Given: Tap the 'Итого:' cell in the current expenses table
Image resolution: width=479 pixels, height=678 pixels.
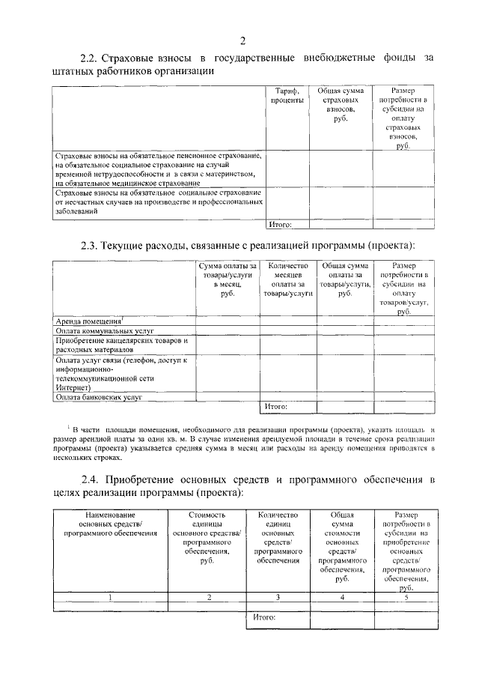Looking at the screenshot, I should [x=276, y=407].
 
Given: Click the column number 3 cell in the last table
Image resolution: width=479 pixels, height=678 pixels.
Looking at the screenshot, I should [x=278, y=597].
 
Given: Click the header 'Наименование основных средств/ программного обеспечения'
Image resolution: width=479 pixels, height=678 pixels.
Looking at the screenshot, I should [x=110, y=524].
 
